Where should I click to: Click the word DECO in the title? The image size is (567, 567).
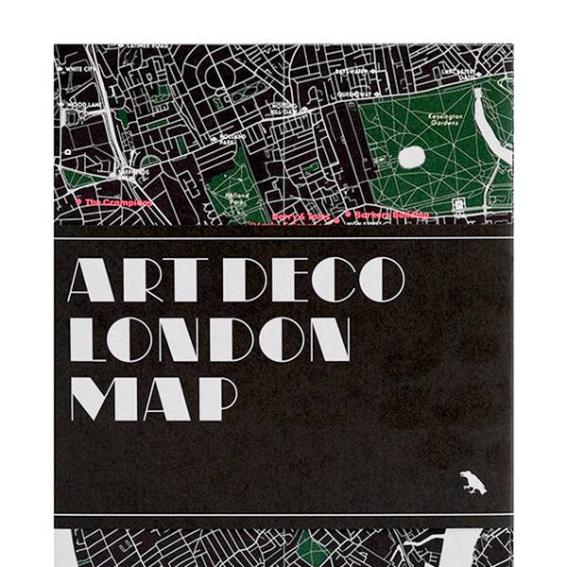coord(318,280)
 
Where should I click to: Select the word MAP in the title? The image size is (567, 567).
coord(152,396)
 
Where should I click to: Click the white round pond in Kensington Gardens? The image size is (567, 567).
coord(412,157)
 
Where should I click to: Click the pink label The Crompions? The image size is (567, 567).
coord(118,201)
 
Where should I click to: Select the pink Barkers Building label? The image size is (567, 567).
coord(391,215)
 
